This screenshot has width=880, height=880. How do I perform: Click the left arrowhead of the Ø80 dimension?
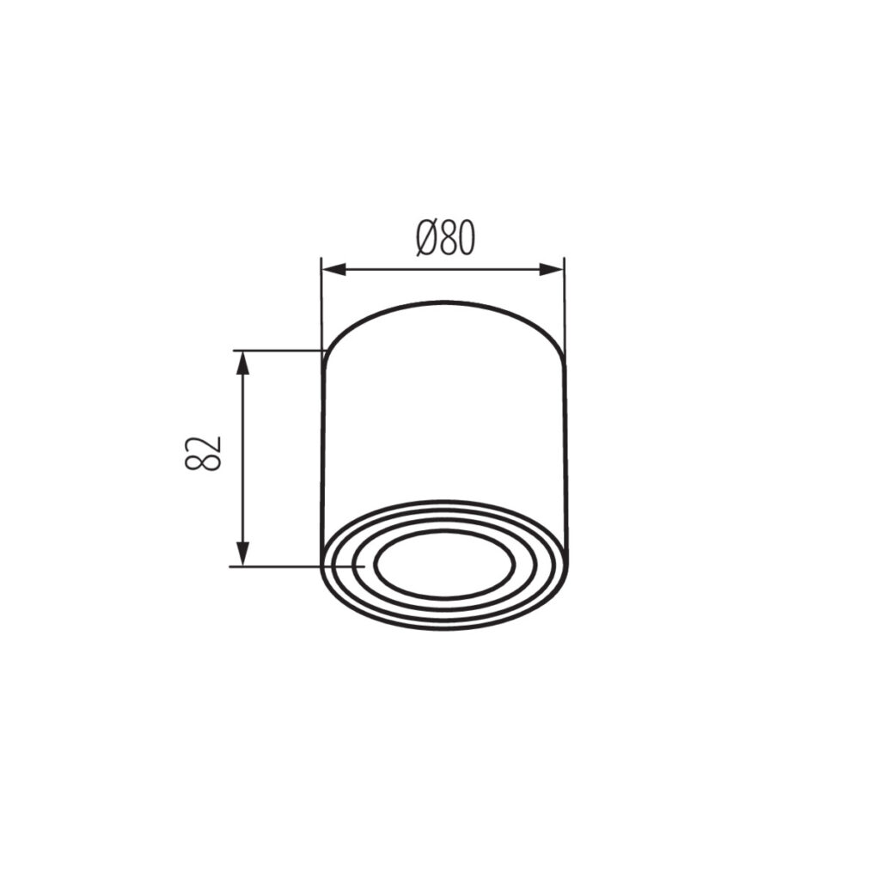[333, 269]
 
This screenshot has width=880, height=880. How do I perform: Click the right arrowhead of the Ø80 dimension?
[551, 269]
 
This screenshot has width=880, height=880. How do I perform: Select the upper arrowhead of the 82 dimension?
[241, 363]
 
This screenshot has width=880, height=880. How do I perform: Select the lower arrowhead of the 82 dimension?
[241, 554]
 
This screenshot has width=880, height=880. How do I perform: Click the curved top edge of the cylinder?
[443, 302]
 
